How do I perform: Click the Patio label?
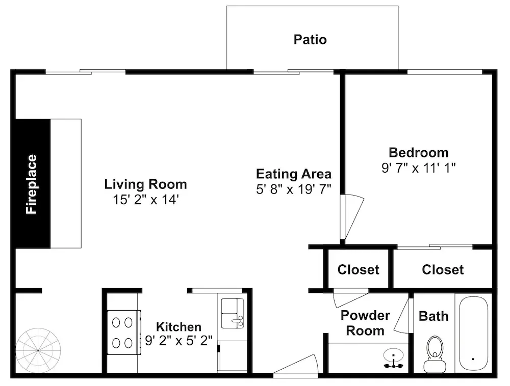pos(310,39)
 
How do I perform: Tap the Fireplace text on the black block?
pos(32,184)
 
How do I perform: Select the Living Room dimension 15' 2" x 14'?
pos(146,199)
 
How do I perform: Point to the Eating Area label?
pos(294,174)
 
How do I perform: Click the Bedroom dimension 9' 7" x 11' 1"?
pos(419,168)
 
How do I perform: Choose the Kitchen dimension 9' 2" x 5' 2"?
pos(178,341)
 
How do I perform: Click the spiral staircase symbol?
pos(38,351)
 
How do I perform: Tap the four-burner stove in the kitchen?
pos(124,332)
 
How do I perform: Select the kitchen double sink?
pos(233,313)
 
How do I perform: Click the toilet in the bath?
pos(435,354)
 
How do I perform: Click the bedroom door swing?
pos(352,216)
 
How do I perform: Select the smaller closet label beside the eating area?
pos(358,269)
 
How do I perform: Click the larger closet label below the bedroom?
pos(443,269)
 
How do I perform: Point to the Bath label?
pos(433,316)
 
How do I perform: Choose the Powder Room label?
pos(365,323)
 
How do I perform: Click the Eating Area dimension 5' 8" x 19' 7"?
pos(294,189)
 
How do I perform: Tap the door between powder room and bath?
pos(403,316)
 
